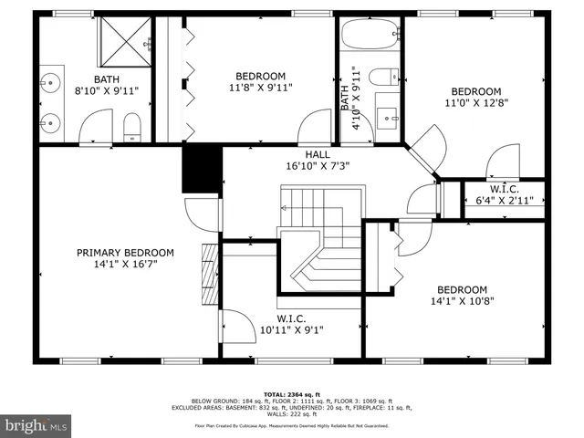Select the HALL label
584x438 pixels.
click(318, 154)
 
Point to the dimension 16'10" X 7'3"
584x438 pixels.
click(318, 167)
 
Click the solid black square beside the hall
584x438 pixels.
click(202, 168)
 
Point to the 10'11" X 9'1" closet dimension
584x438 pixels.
click(291, 330)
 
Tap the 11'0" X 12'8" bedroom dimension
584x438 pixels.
click(475, 104)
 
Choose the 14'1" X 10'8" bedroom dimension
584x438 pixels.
click(472, 301)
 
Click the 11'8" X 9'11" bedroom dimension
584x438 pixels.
click(260, 89)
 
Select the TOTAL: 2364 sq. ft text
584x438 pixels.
click(292, 394)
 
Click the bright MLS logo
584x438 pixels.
click(36, 425)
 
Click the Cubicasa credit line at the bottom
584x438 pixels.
click(292, 426)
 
